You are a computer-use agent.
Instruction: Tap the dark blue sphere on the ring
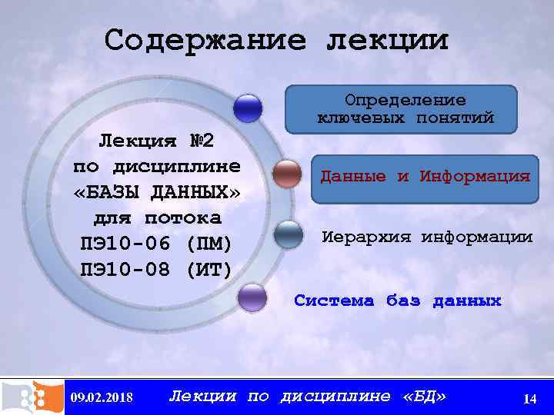[248, 108]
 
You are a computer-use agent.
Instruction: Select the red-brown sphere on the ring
[287, 174]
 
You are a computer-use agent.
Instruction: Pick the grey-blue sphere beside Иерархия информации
[289, 234]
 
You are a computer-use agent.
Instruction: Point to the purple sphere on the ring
[252, 297]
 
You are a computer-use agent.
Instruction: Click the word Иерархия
[367, 237]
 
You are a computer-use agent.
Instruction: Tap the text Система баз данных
[397, 301]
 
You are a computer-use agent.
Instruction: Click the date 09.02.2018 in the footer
[101, 397]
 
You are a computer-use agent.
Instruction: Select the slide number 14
[529, 398]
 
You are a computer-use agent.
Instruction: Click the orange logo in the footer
[32, 397]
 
